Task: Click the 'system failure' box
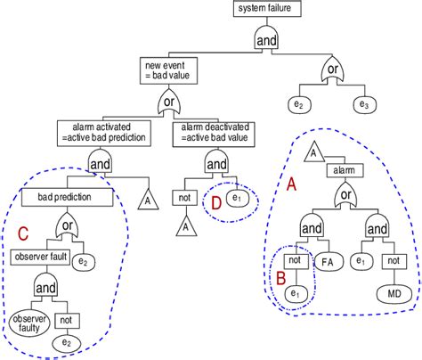(267, 8)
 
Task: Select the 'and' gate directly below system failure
(266, 37)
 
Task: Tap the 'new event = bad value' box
(168, 70)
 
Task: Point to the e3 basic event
(365, 105)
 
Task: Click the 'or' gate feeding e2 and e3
(333, 70)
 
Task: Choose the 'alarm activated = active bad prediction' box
(104, 134)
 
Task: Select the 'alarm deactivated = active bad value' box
(214, 135)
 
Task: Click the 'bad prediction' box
(67, 197)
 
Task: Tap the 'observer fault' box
(40, 258)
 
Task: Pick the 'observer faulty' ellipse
(29, 323)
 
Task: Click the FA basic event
(329, 262)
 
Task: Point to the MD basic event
(394, 294)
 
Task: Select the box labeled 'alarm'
(345, 170)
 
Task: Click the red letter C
(23, 233)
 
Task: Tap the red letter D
(216, 203)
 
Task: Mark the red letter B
(280, 278)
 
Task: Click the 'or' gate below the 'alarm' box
(345, 196)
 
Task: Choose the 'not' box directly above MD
(394, 261)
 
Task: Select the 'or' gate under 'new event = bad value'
(169, 102)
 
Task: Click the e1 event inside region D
(238, 198)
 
